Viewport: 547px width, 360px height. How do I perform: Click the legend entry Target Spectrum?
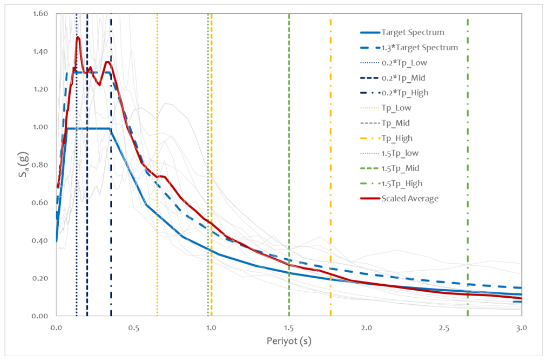(x=413, y=33)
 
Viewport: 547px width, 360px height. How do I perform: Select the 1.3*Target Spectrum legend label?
(x=420, y=47)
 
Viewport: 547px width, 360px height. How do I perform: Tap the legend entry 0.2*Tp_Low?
(x=404, y=63)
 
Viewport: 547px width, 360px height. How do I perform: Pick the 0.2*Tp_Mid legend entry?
(x=403, y=78)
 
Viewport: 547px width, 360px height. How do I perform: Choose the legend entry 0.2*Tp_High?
(x=405, y=93)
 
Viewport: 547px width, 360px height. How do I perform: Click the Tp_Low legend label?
(x=396, y=108)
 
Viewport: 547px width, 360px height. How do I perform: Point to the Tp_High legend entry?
(x=397, y=138)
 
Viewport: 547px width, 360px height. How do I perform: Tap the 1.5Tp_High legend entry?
(x=402, y=183)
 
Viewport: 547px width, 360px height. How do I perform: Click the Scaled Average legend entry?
(x=410, y=198)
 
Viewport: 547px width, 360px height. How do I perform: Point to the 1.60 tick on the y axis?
(x=41, y=14)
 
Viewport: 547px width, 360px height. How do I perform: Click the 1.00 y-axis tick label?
(x=41, y=127)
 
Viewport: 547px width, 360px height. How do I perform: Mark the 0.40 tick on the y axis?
(x=41, y=241)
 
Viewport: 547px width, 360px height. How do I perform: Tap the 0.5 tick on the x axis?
(x=134, y=328)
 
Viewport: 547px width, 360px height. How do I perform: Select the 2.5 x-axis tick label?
(x=444, y=328)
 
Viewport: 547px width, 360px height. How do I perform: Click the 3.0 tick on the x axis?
(x=521, y=328)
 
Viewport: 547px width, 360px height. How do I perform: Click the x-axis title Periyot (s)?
(x=289, y=341)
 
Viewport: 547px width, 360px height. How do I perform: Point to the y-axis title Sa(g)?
(x=24, y=164)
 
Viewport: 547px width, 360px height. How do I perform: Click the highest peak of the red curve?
(x=78, y=37)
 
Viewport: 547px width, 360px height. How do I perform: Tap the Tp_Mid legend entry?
(x=396, y=123)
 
